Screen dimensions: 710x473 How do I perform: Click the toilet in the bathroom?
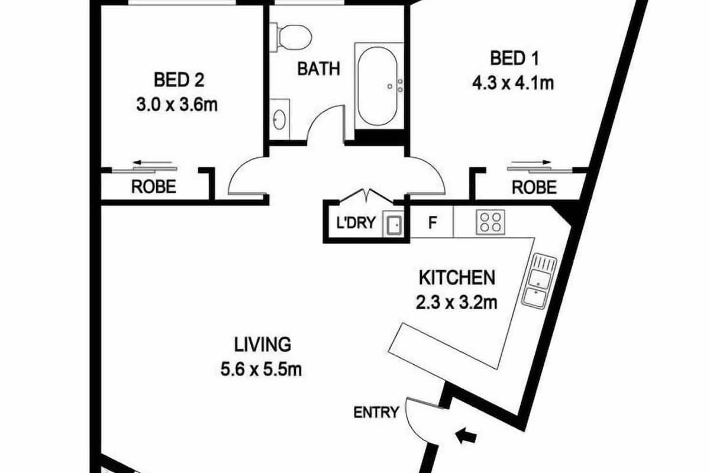click(291, 37)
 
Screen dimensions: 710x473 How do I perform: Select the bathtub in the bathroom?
click(377, 86)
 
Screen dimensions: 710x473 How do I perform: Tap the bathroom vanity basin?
click(279, 119)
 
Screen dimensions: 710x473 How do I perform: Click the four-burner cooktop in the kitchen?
click(490, 222)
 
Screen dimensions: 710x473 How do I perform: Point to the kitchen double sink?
click(539, 281)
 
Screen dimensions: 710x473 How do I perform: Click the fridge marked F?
click(432, 222)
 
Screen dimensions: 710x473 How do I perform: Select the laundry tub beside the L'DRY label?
click(393, 224)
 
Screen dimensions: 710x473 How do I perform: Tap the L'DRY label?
click(356, 222)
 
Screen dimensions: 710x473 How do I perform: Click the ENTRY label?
click(376, 413)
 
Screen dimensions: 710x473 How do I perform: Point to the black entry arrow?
click(466, 436)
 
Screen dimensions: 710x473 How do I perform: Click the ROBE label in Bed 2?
click(154, 187)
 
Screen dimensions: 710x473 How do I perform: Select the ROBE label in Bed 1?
click(534, 187)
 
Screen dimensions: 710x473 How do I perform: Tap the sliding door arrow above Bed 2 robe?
click(152, 163)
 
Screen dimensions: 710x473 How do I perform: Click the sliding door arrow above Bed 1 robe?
click(531, 163)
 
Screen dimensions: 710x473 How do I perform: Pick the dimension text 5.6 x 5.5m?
click(261, 370)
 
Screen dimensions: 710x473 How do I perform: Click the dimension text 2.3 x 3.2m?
click(456, 303)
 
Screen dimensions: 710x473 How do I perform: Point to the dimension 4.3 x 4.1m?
click(513, 83)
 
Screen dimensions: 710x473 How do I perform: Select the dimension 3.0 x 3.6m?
click(177, 105)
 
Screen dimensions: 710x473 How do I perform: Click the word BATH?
click(319, 69)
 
